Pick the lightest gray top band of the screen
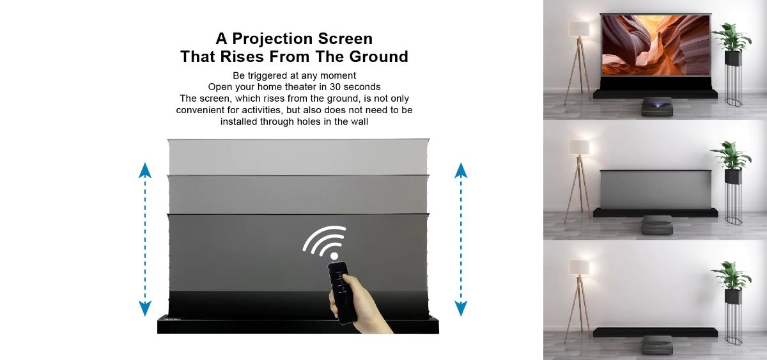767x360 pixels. click(x=298, y=157)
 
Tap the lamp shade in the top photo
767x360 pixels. click(x=579, y=29)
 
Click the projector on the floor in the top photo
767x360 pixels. click(x=657, y=106)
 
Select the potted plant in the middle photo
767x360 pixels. click(x=731, y=156)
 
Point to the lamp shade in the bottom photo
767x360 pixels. click(x=580, y=267)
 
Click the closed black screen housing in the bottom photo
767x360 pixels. click(x=655, y=332)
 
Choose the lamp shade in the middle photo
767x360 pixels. click(x=579, y=147)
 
